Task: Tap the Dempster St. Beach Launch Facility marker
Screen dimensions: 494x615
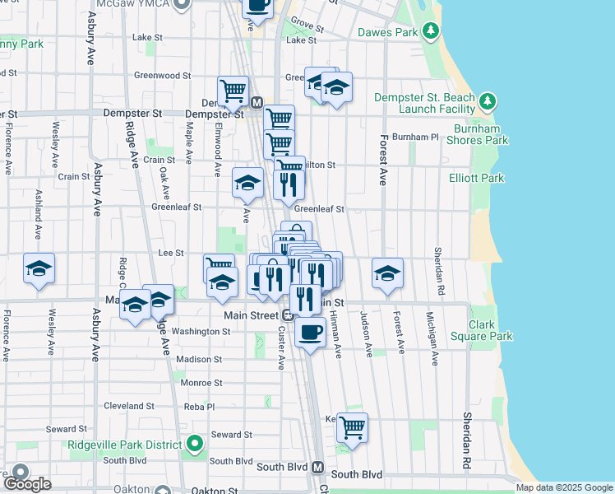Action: tap(488, 101)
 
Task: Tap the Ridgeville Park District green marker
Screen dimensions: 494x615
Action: tap(195, 445)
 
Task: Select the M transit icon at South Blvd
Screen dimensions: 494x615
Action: tap(318, 468)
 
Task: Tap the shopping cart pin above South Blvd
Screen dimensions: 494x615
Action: tap(352, 427)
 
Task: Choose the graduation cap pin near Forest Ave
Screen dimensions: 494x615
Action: tap(387, 273)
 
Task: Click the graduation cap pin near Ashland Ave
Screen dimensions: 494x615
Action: tap(39, 268)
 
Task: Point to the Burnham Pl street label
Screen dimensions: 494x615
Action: tap(415, 137)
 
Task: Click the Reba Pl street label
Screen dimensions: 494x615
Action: tap(198, 407)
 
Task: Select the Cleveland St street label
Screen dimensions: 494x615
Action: tap(129, 406)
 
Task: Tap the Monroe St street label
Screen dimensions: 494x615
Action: tap(201, 383)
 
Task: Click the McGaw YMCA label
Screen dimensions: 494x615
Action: tap(132, 4)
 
